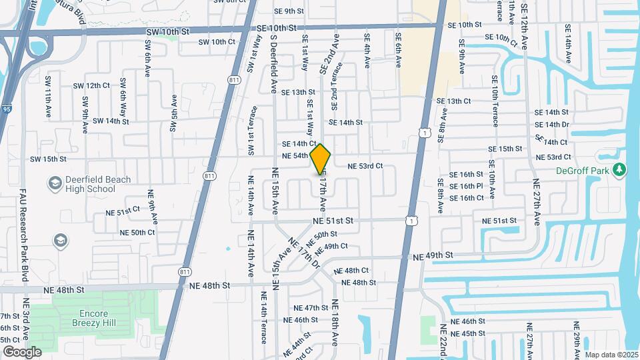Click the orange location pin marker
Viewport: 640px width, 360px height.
pyautogui.click(x=321, y=159)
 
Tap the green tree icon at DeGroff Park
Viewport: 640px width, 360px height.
pyautogui.click(x=621, y=170)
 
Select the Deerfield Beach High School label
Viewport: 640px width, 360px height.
pyautogui.click(x=82, y=185)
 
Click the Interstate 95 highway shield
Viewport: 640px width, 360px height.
pyautogui.click(x=6, y=109)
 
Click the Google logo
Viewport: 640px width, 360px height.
pyautogui.click(x=21, y=351)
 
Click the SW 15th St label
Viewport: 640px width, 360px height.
pyautogui.click(x=48, y=159)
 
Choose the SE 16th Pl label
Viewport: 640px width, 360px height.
pyautogui.click(x=466, y=186)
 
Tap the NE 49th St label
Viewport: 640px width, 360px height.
pyautogui.click(x=433, y=255)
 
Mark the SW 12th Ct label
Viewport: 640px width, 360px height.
pyautogui.click(x=91, y=86)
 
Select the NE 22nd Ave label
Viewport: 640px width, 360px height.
pyautogui.click(x=443, y=341)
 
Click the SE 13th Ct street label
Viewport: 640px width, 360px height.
pyautogui.click(x=454, y=101)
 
